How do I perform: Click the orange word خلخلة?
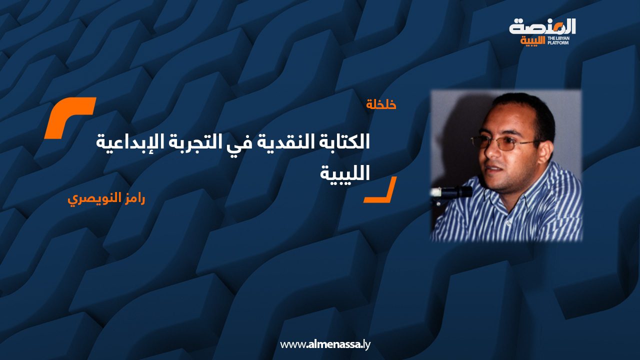pyautogui.click(x=381, y=105)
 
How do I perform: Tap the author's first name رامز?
pyautogui.click(x=131, y=198)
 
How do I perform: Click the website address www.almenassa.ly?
pyautogui.click(x=325, y=344)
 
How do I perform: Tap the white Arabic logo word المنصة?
pyautogui.click(x=542, y=26)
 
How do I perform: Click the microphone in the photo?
pyautogui.click(x=452, y=191)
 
